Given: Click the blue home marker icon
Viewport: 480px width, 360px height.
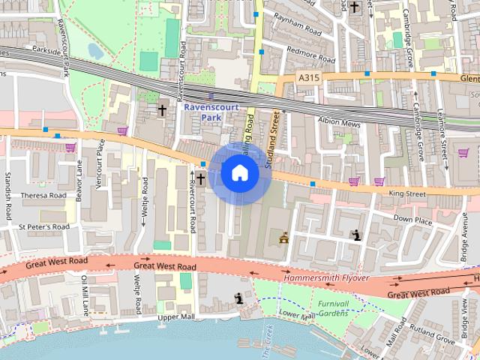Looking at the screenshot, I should coord(239,173).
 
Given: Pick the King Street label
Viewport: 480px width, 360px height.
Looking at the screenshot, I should coord(407,193).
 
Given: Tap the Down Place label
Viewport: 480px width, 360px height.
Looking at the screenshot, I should coord(413,220).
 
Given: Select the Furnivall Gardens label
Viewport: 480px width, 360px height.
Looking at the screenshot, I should coord(333,308).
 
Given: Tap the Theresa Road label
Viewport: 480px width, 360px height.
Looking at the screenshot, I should coord(44,195).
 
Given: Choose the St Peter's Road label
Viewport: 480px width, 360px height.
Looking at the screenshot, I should coord(44,226).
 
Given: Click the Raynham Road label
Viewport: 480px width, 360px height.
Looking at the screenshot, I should coord(297,25).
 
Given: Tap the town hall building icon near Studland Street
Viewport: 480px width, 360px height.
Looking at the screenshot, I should coord(284,239).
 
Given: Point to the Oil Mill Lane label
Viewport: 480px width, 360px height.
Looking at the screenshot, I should coord(85,294).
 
